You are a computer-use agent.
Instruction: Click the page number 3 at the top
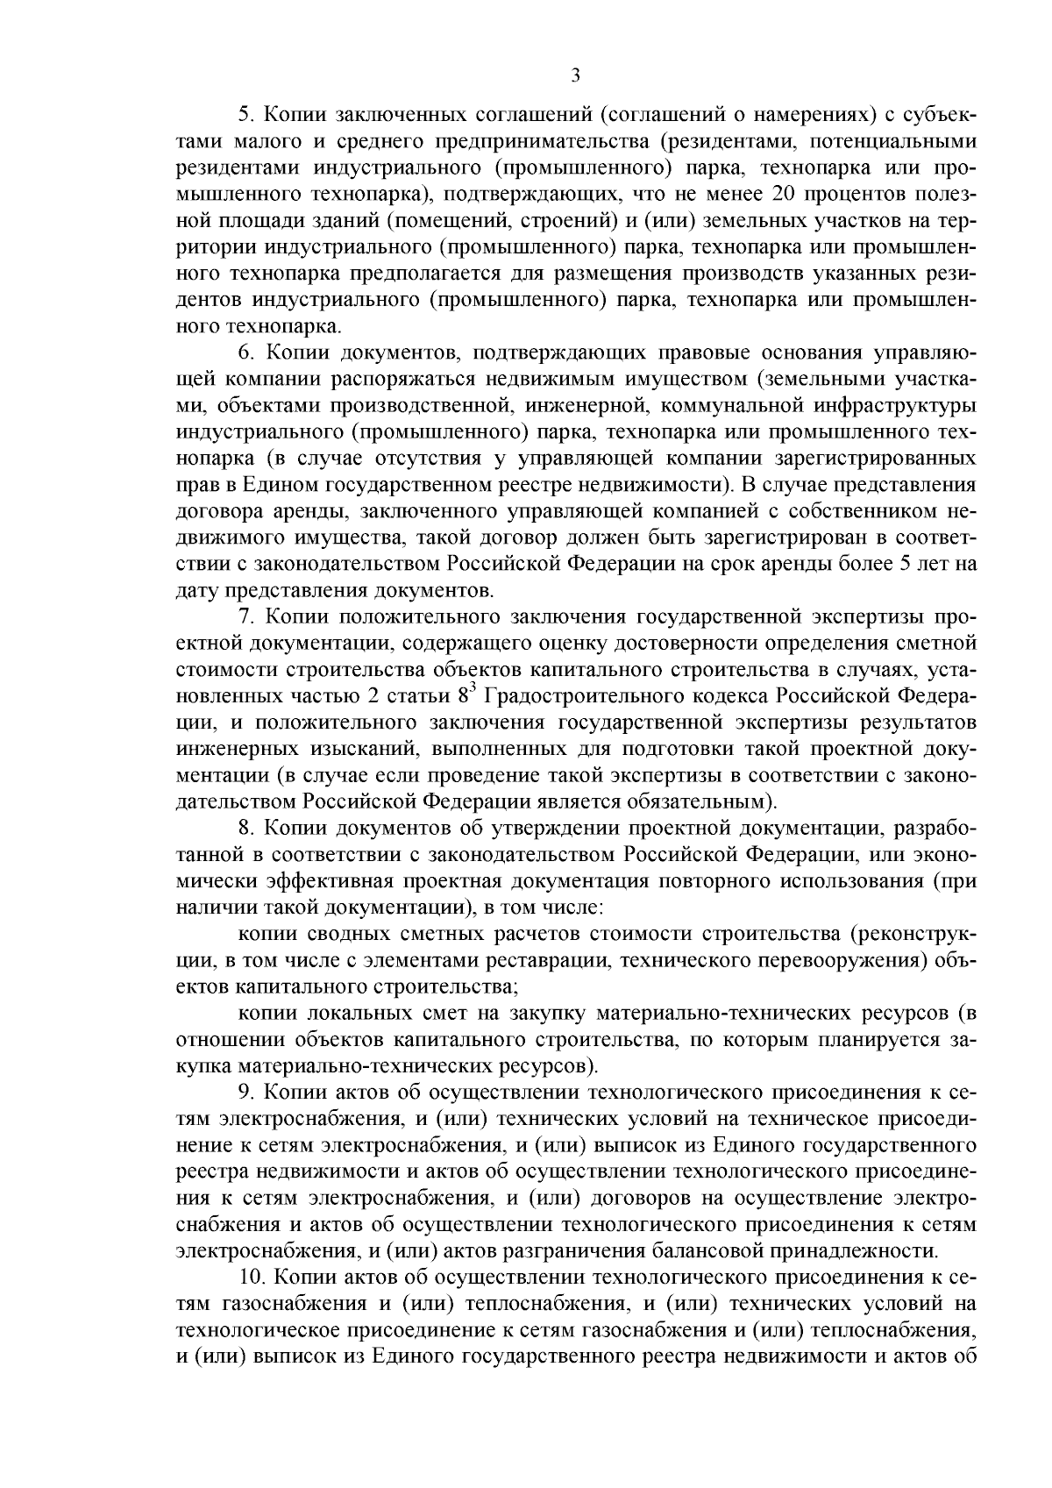pos(575,76)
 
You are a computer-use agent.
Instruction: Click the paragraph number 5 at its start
pos(245,115)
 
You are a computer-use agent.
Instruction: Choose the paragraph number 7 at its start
pos(245,616)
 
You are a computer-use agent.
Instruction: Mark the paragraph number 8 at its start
pos(245,828)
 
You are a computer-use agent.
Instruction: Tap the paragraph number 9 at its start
pos(245,1093)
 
